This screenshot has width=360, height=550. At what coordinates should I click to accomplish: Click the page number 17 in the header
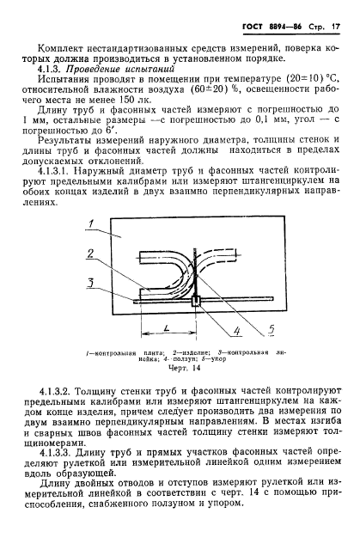336,15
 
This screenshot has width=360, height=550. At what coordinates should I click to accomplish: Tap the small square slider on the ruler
196,300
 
